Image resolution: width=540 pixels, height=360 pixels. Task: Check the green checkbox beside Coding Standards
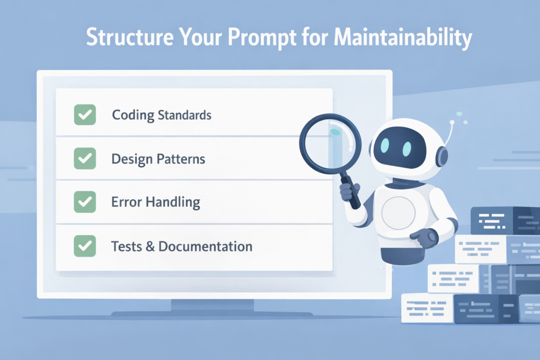click(84, 114)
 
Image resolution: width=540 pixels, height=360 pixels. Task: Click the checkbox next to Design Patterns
click(84, 158)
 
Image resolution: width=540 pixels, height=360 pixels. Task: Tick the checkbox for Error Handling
click(84, 202)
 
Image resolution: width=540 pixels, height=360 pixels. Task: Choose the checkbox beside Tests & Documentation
click(84, 246)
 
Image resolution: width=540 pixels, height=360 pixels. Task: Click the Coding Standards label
click(161, 115)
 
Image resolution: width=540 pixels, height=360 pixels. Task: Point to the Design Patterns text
click(158, 159)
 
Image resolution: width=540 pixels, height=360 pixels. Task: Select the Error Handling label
click(156, 202)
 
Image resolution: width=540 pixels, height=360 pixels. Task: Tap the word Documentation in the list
click(205, 246)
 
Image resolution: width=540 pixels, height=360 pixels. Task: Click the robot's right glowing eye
click(408, 149)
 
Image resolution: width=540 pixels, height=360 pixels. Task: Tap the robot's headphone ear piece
click(442, 157)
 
